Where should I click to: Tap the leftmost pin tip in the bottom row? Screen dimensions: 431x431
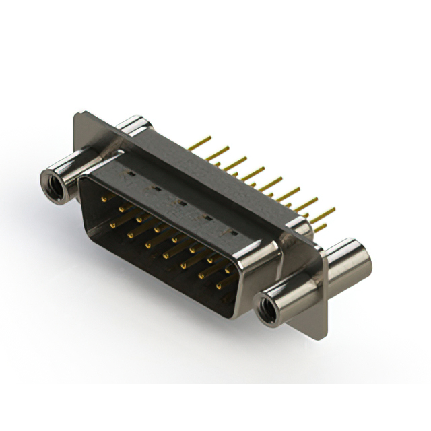[113, 225]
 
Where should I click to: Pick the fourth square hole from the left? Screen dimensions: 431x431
[207, 217]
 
